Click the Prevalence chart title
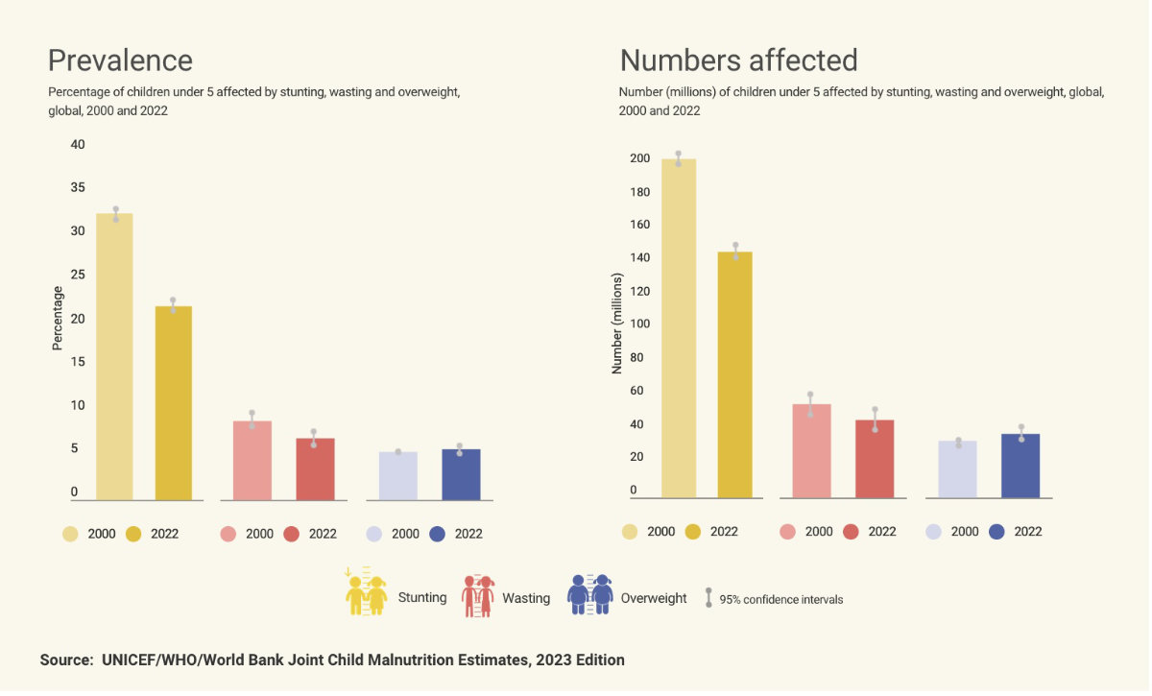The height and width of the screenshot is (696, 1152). (x=120, y=60)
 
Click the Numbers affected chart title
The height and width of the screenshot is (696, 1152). (x=738, y=60)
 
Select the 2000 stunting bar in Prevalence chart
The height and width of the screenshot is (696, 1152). (x=115, y=356)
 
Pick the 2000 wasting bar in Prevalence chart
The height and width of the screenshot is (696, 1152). (x=252, y=460)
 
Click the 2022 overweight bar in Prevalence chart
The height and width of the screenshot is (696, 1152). (x=461, y=474)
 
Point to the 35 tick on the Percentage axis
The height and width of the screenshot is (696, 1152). (x=78, y=188)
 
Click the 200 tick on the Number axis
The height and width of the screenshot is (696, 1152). (x=639, y=158)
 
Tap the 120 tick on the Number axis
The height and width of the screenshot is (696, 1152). (x=639, y=291)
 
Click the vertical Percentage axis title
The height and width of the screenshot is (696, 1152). (x=58, y=318)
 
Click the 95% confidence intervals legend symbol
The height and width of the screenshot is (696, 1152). (x=708, y=598)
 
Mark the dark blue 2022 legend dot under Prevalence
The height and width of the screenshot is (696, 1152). (x=439, y=534)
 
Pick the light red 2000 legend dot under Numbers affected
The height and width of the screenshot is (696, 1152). (x=789, y=532)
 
